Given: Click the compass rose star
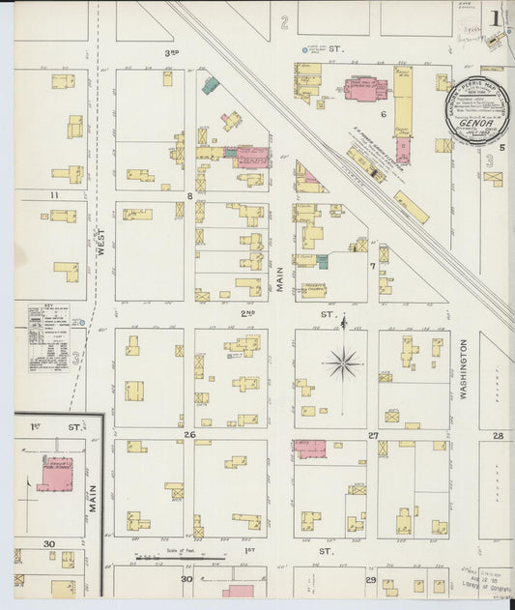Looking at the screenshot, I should point(343,363).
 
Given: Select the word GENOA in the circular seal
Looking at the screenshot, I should point(472,126).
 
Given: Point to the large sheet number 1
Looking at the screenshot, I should point(494,17).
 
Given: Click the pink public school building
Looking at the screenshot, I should point(54,475).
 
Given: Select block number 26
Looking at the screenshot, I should point(190,435).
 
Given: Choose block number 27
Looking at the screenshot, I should point(372,435).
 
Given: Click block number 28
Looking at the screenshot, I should point(498,435).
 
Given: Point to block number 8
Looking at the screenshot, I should point(190,196).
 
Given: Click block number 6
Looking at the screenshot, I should point(384,114).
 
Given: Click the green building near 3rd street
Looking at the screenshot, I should point(210,84).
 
